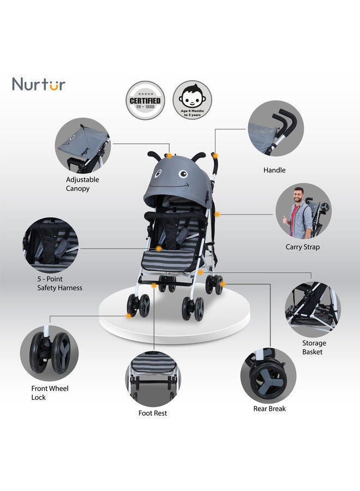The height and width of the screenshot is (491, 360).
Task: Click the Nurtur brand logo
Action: (39, 85)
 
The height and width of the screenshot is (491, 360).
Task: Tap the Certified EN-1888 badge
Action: (145, 100)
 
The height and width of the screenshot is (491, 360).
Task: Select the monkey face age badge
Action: (193, 100)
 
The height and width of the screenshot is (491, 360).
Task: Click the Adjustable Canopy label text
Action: (82, 184)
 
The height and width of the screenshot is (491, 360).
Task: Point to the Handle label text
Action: (274, 170)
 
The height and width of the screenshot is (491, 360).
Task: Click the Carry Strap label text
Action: (303, 247)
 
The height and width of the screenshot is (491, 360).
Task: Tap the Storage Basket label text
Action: (314, 348)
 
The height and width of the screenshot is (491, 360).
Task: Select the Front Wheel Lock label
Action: (50, 393)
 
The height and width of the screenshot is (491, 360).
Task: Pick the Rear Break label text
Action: (269, 409)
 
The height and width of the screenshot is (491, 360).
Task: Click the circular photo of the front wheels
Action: (49, 353)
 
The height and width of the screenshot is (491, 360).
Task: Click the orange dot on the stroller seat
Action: (158, 249)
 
